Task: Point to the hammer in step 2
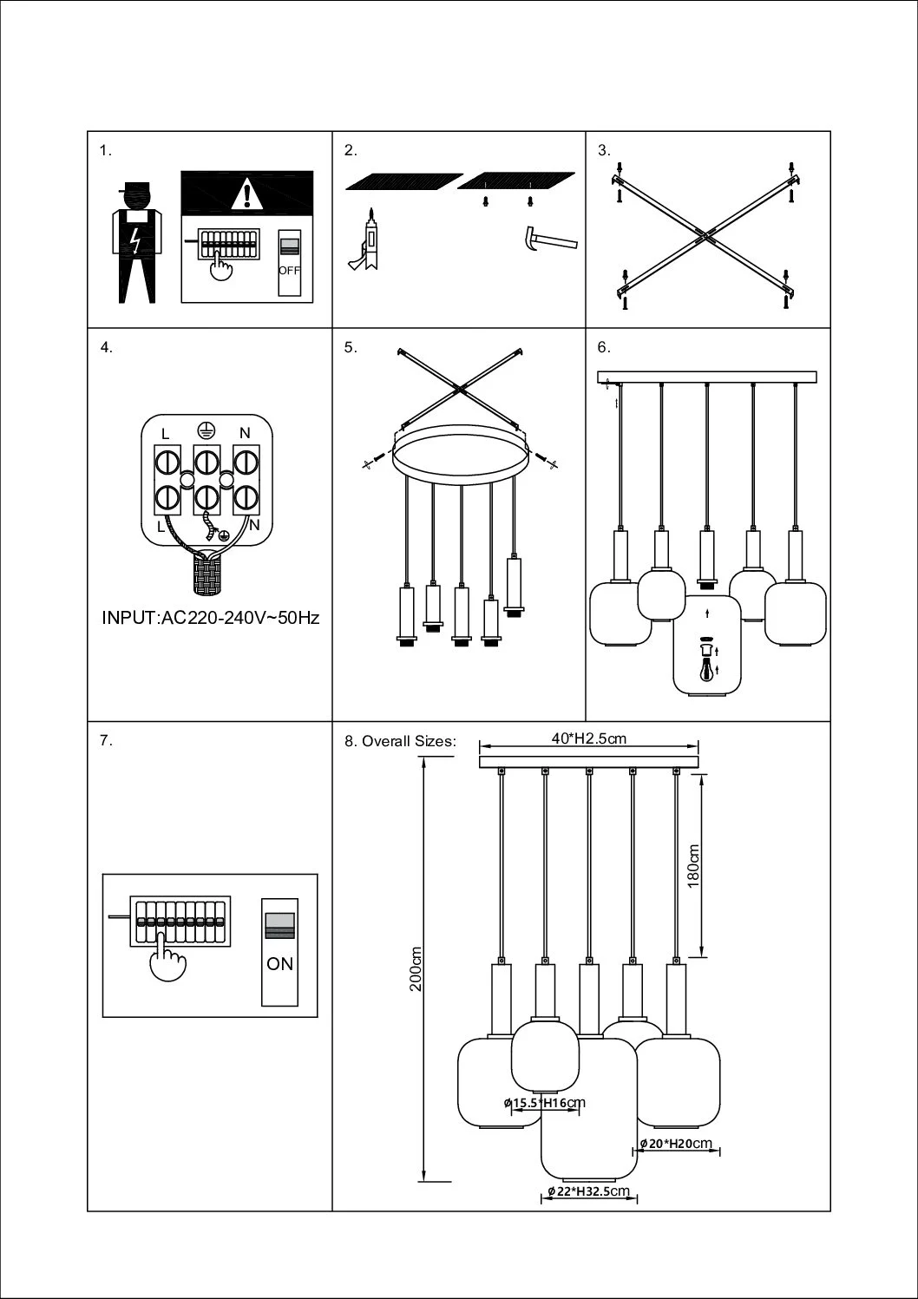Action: pos(548,239)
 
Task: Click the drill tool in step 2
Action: pos(368,240)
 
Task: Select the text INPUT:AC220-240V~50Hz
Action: pos(211,619)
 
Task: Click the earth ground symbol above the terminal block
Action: pos(206,429)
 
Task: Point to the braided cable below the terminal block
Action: pos(207,575)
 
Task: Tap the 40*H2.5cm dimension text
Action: pos(589,738)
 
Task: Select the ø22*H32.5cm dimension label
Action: pos(589,1191)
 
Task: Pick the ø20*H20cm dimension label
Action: pos(676,1144)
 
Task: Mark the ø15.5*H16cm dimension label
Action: pos(544,1103)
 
